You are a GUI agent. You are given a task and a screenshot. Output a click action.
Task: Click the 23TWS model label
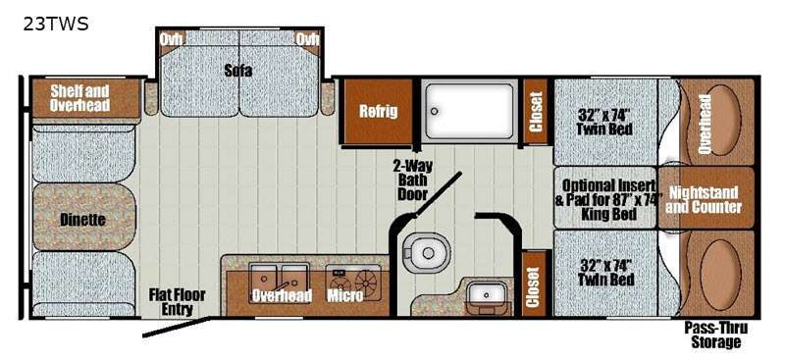pos(56,24)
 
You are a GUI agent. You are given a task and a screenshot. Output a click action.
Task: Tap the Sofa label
pos(238,71)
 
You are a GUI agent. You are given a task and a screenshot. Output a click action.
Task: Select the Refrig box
pos(379,111)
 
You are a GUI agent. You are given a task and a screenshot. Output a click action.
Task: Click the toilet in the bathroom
pos(427,253)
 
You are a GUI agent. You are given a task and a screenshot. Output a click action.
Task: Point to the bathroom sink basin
pos(486,295)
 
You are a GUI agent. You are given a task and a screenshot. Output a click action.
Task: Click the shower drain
pos(435,111)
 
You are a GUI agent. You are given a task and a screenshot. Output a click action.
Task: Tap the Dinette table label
pos(82,220)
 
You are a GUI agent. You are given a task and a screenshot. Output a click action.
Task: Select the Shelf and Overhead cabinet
pos(86,99)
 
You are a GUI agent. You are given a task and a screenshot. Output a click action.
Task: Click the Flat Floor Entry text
pos(177,301)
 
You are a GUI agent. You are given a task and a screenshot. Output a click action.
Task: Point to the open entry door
pos(177,327)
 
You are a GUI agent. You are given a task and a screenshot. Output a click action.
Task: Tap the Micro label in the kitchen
pos(345,296)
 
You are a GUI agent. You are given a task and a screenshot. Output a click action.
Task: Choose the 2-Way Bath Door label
pos(413,180)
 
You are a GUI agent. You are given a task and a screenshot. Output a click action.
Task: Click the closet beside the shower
pos(536,112)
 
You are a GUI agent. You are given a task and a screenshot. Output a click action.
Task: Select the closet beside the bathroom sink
pos(534,284)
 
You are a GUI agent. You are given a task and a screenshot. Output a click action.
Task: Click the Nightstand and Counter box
pos(706,198)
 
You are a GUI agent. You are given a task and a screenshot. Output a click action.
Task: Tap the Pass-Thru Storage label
pos(716,334)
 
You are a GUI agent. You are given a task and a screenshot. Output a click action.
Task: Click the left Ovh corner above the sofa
pos(171,39)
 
